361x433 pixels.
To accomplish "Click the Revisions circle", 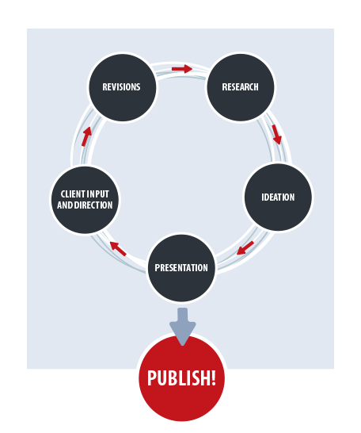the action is (123, 87).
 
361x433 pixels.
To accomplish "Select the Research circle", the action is (241, 87).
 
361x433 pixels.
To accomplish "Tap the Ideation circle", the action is (278, 197).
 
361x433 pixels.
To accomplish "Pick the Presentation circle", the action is (181, 268).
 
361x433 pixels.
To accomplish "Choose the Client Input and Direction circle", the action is (85, 200).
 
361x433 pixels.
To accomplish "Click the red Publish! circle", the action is (181, 377).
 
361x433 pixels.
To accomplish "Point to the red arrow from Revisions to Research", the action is (182, 69).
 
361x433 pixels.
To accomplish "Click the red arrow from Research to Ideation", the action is (276, 135).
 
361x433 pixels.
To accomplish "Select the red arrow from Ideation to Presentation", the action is (245, 248).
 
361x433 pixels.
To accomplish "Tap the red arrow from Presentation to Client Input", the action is (118, 248).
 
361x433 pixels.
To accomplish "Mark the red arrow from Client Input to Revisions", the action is (86, 136).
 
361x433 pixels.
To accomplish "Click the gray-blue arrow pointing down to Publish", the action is (182, 327).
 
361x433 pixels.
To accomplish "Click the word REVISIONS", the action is (121, 87).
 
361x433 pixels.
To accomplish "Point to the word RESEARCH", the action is (241, 87).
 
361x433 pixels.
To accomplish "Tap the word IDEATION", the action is (278, 197).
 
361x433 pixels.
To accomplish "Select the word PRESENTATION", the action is (181, 267).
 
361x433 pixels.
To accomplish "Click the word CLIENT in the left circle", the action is (72, 194).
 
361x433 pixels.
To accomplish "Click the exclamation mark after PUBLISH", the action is (213, 377).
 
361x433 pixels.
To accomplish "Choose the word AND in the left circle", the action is (65, 205).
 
